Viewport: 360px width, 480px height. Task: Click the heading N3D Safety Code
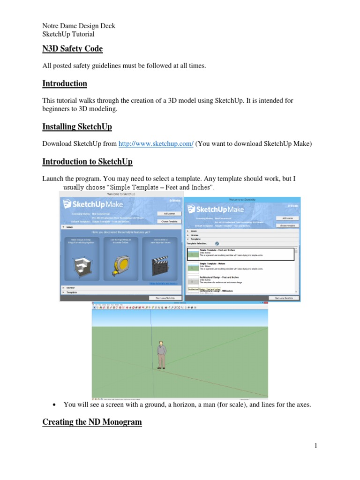point(72,49)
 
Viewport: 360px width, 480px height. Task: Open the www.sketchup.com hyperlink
point(156,144)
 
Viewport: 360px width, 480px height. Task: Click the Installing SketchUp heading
point(77,127)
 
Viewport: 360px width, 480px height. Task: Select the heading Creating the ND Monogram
point(92,422)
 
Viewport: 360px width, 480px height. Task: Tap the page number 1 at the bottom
point(316,446)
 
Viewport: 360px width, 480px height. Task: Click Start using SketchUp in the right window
point(283,298)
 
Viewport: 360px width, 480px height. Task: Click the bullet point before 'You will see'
point(55,405)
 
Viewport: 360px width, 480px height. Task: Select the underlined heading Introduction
point(65,84)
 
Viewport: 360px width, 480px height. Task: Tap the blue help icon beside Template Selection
point(217,244)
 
